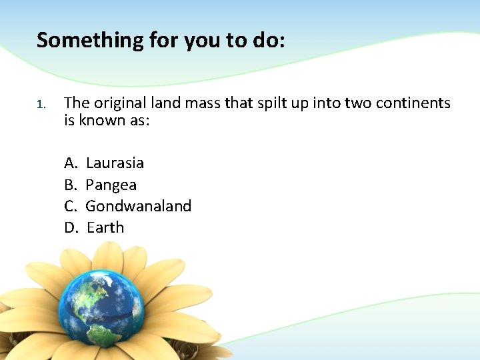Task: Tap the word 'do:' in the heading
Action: point(269,41)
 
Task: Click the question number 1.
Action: point(40,104)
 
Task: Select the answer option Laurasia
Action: point(115,163)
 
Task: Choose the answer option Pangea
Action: point(111,185)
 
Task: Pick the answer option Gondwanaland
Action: point(138,206)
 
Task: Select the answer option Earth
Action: point(105,227)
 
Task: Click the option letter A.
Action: point(70,163)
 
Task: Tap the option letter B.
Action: point(70,185)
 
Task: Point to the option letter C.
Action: point(70,206)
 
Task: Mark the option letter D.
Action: point(71,227)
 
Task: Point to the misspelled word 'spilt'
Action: point(263,103)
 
